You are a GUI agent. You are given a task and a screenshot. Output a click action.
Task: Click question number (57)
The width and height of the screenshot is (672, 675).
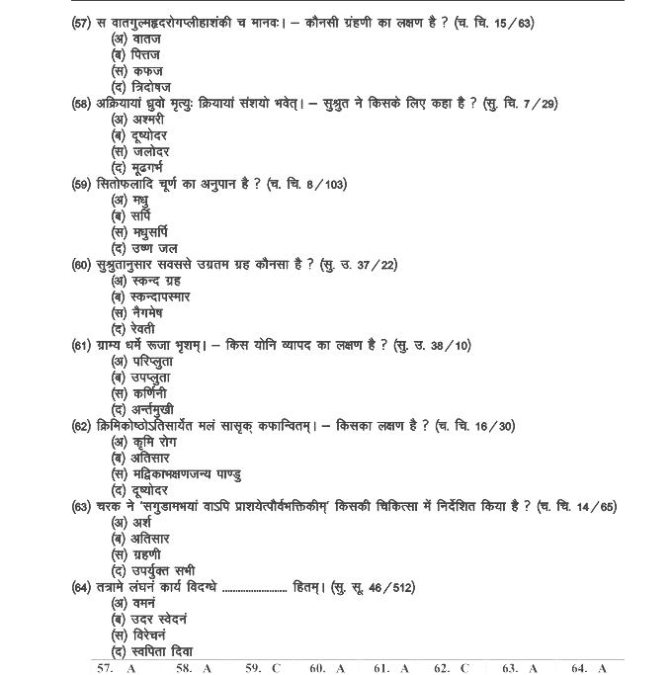(82, 22)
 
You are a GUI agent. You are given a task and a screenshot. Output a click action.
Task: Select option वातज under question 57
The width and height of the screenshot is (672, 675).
(137, 39)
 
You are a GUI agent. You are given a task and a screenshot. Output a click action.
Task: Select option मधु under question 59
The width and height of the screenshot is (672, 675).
(134, 200)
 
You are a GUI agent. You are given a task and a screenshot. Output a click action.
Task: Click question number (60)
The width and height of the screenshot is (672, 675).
(82, 264)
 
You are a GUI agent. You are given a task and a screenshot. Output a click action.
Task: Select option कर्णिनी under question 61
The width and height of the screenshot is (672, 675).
(139, 393)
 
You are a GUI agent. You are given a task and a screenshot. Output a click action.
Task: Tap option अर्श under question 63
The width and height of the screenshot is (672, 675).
(132, 523)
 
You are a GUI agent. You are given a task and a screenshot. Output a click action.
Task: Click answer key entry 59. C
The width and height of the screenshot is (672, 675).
(263, 669)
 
